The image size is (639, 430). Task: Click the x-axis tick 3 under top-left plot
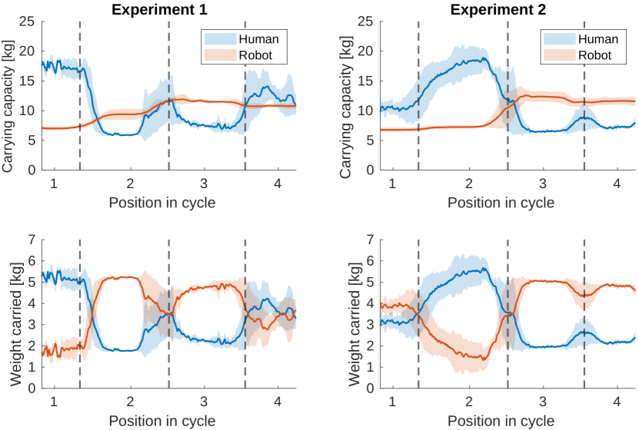pyautogui.click(x=204, y=184)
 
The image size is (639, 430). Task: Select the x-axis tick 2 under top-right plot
pyautogui.click(x=468, y=184)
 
